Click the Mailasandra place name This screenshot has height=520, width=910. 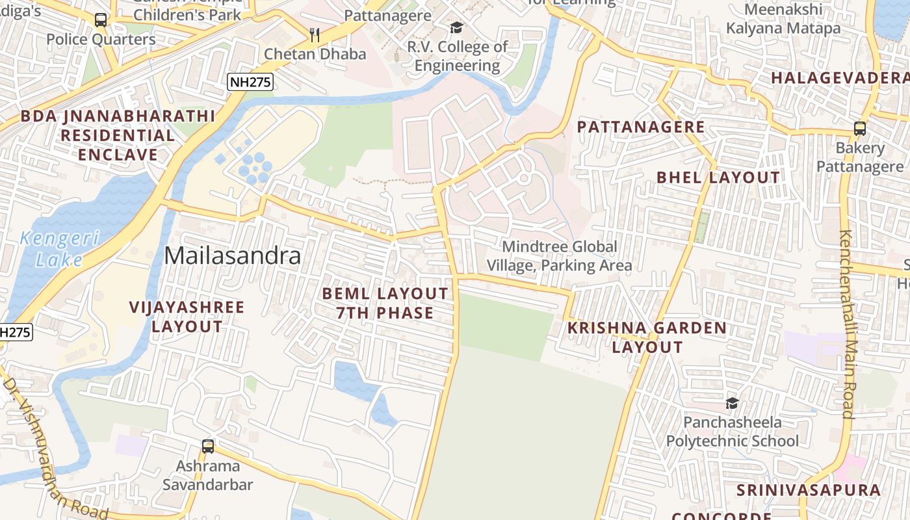233,256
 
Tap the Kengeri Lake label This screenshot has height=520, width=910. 59,249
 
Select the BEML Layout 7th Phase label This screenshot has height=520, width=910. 385,304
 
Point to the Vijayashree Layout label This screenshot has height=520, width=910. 187,317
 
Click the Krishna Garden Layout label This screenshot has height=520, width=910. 647,337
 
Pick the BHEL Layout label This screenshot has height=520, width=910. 718,177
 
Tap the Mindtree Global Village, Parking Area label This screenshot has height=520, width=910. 560,256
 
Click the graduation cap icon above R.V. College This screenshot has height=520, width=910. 457,27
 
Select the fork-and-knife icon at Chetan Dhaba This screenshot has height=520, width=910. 315,34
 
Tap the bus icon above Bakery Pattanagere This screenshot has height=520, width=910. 860,128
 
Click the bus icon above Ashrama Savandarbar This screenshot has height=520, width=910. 208,447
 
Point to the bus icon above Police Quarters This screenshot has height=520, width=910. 101,20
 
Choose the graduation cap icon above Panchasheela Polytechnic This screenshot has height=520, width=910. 732,403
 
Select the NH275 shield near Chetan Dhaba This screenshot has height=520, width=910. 250,82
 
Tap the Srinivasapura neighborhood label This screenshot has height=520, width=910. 809,490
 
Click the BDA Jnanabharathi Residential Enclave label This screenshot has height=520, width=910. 118,136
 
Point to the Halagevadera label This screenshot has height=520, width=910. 840,78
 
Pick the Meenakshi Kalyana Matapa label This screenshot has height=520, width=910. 783,19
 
